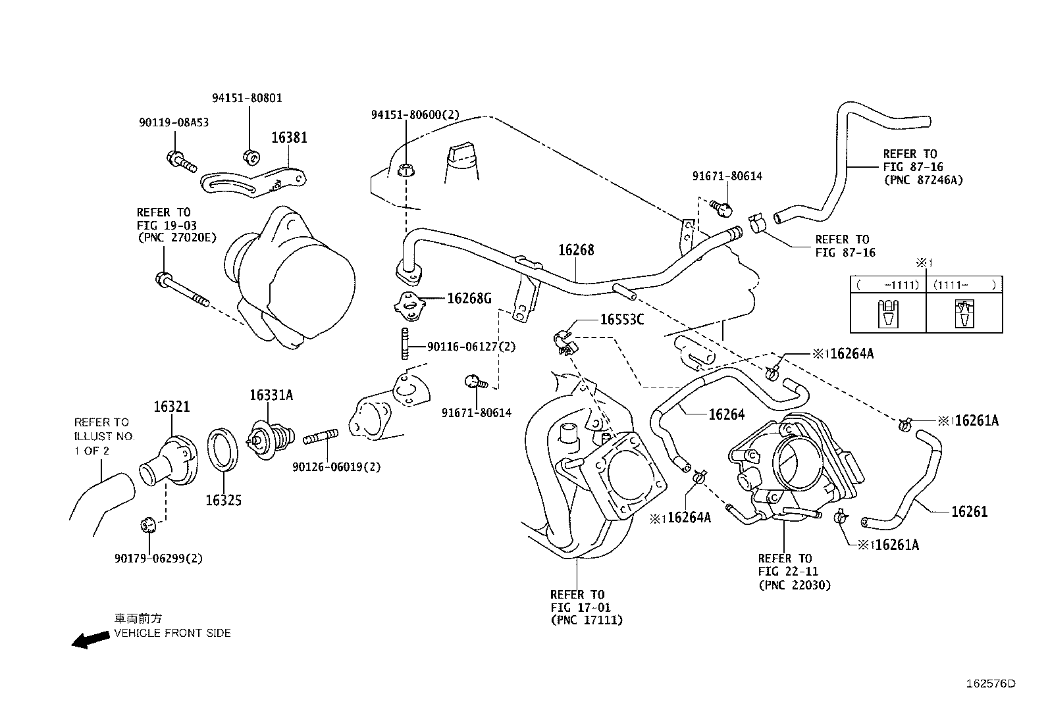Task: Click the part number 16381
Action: [x=289, y=137]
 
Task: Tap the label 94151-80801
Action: [x=247, y=98]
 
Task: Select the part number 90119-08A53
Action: [x=174, y=122]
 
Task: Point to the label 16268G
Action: [x=469, y=299]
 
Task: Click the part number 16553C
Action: [x=622, y=320]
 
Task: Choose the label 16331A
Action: [x=271, y=395]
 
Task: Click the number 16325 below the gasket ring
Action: [x=224, y=501]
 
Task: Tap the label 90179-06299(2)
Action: [x=159, y=559]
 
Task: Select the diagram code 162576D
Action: [x=991, y=684]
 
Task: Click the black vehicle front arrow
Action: [x=90, y=639]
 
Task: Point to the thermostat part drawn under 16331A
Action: [x=271, y=439]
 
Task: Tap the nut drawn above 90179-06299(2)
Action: [x=148, y=525]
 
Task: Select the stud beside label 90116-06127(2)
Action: [x=405, y=343]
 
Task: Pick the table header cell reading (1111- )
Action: [x=964, y=285]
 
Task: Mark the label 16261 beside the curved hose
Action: [x=970, y=512]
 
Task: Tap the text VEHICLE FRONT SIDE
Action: [x=172, y=634]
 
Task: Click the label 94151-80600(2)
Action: [x=415, y=114]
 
